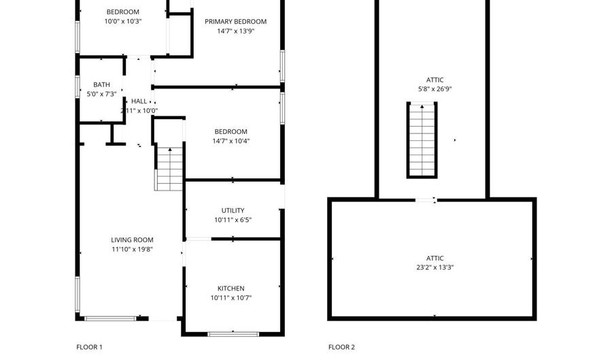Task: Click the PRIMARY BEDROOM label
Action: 235,22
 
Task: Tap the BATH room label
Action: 101,84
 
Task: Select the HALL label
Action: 139,101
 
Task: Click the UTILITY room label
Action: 233,210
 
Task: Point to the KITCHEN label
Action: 231,289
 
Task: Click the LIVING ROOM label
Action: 132,240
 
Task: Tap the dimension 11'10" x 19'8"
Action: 132,250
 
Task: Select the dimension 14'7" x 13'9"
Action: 236,31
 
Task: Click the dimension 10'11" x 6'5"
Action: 233,220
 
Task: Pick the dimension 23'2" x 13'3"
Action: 435,267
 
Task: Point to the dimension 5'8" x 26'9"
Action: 435,89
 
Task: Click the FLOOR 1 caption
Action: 89,347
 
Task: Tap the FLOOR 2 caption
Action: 341,347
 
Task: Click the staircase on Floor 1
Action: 169,168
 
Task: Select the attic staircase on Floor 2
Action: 422,140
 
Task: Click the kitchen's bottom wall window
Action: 233,334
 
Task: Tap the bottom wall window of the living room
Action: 110,318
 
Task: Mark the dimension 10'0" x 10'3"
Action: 122,22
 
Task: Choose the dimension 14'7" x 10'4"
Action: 231,142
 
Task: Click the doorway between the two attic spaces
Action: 426,200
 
